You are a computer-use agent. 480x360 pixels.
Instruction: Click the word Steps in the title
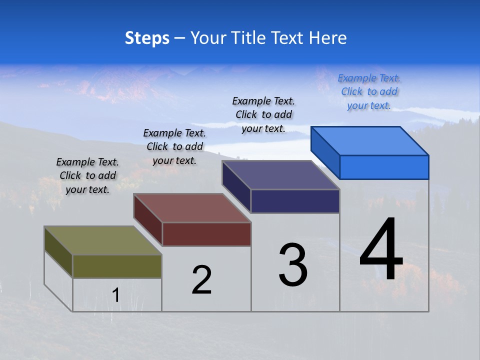[146, 38]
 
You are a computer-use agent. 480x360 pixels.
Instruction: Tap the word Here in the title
[327, 38]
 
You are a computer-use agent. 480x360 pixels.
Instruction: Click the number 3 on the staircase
[293, 265]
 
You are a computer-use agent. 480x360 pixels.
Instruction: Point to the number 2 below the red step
[201, 280]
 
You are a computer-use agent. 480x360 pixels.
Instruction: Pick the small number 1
[116, 295]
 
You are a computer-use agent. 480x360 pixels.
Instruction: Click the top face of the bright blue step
[369, 141]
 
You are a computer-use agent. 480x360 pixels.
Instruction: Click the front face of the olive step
[117, 266]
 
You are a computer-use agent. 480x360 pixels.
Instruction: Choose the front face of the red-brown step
[206, 234]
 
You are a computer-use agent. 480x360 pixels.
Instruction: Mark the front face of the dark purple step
[295, 201]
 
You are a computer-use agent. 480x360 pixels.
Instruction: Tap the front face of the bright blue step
[384, 167]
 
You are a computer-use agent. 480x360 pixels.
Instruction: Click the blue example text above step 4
[369, 92]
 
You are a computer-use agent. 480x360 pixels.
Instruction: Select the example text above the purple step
[263, 115]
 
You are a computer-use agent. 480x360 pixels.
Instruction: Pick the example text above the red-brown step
[174, 146]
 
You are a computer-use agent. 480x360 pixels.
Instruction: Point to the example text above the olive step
[87, 175]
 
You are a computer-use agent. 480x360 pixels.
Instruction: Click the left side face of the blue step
[325, 152]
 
